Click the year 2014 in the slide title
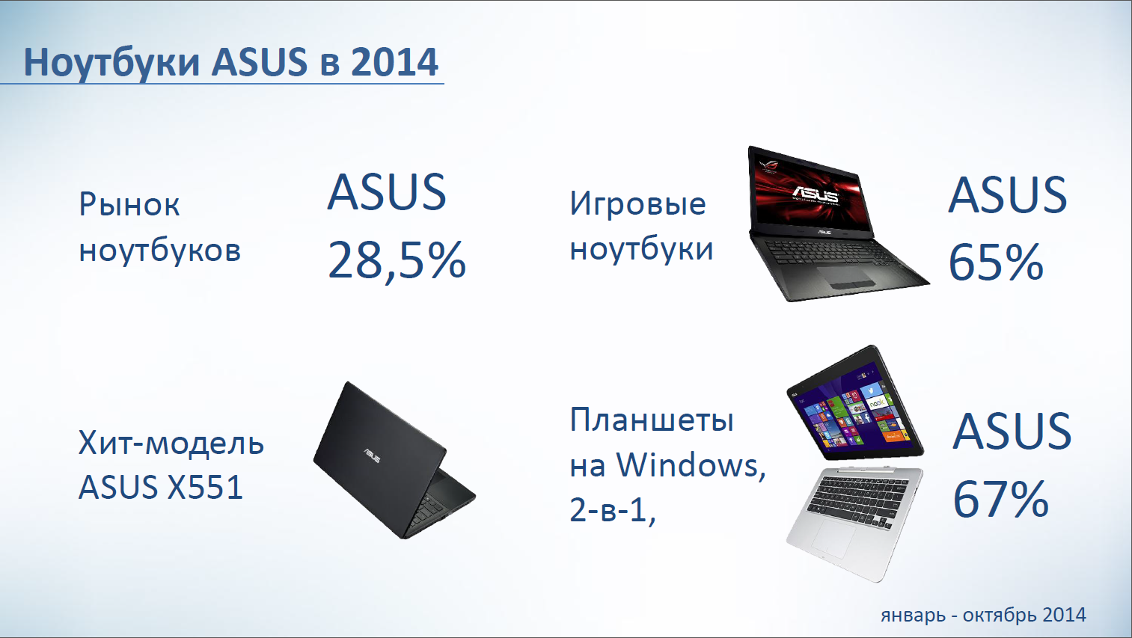[394, 63]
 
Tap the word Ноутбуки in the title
[111, 64]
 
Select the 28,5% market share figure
[397, 260]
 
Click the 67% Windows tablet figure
[1000, 499]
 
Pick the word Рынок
[129, 205]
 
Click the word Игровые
[637, 203]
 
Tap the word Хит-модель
[171, 444]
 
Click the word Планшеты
[652, 420]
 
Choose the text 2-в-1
[613, 509]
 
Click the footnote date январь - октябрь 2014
[983, 616]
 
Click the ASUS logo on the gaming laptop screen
[815, 194]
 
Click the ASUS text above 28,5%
[387, 192]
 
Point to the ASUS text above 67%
[1012, 431]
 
